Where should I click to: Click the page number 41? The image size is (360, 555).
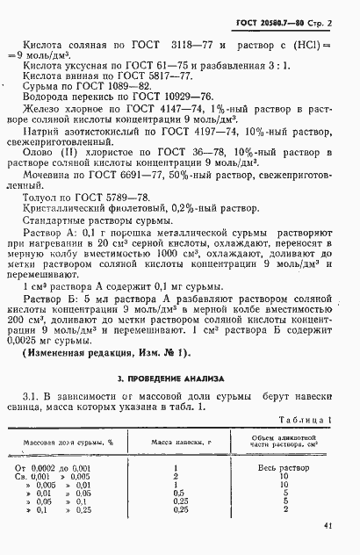pyautogui.click(x=328, y=525)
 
